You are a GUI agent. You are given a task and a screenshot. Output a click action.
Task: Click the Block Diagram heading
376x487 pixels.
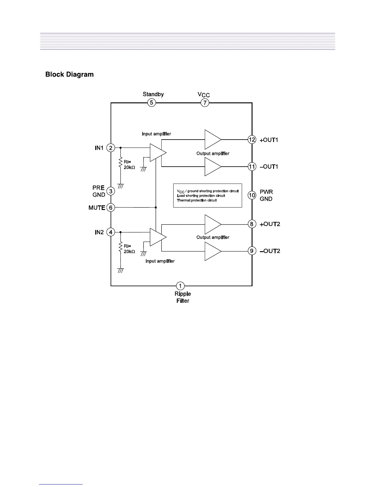(x=69, y=74)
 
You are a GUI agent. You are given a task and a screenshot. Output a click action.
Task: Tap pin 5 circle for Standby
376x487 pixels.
(x=151, y=103)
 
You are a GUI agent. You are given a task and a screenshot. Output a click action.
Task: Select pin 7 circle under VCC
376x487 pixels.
(x=205, y=103)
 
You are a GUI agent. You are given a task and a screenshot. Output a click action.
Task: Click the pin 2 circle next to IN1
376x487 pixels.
(x=111, y=148)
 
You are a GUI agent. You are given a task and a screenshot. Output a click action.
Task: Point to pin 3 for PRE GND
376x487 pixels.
(x=111, y=191)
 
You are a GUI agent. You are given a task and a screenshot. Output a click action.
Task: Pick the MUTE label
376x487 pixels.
(x=97, y=208)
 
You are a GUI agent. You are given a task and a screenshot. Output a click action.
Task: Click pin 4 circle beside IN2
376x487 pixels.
(x=111, y=232)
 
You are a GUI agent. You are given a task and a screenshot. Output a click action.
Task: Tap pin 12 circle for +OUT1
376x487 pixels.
(x=252, y=140)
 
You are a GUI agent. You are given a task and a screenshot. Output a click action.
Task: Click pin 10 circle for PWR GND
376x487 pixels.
(x=252, y=195)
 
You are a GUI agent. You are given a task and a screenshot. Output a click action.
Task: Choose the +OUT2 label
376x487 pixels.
(x=270, y=224)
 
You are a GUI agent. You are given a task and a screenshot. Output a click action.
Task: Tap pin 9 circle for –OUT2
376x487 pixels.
(x=252, y=251)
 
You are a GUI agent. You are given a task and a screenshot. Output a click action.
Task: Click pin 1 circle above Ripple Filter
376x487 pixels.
(x=180, y=286)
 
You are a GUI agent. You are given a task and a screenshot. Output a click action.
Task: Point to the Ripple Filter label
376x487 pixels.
(x=183, y=297)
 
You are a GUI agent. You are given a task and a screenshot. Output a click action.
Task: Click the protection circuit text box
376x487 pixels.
(x=208, y=196)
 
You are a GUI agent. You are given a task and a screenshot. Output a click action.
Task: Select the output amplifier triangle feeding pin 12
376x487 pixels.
(x=212, y=139)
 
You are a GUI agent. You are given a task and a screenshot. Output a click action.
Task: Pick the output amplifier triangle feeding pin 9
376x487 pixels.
(x=212, y=251)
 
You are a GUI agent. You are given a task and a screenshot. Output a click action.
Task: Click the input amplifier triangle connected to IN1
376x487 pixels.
(x=157, y=152)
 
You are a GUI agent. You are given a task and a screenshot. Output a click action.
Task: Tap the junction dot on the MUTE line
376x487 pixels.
(x=156, y=208)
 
